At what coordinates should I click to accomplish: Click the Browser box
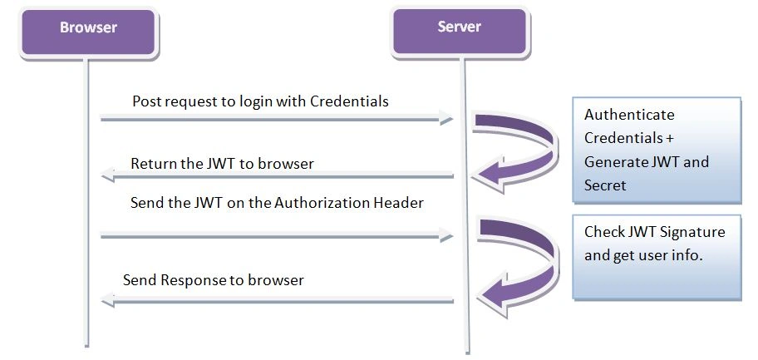pos(88,32)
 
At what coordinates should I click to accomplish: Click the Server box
pos(460,32)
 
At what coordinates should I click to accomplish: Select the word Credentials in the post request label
pos(349,101)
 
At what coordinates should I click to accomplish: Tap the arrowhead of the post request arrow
pos(445,117)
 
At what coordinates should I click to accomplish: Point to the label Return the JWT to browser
pos(223,164)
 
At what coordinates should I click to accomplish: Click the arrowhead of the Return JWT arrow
pos(107,175)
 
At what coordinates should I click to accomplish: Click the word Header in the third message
pos(399,202)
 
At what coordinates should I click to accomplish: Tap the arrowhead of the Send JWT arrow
pos(445,235)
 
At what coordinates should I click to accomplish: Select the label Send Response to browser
pos(213,279)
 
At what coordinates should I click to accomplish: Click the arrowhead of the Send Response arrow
pos(107,300)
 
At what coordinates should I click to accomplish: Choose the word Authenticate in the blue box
pos(629,115)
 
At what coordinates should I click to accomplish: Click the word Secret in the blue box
pos(605,185)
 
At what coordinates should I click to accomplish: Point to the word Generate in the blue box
pos(613,161)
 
